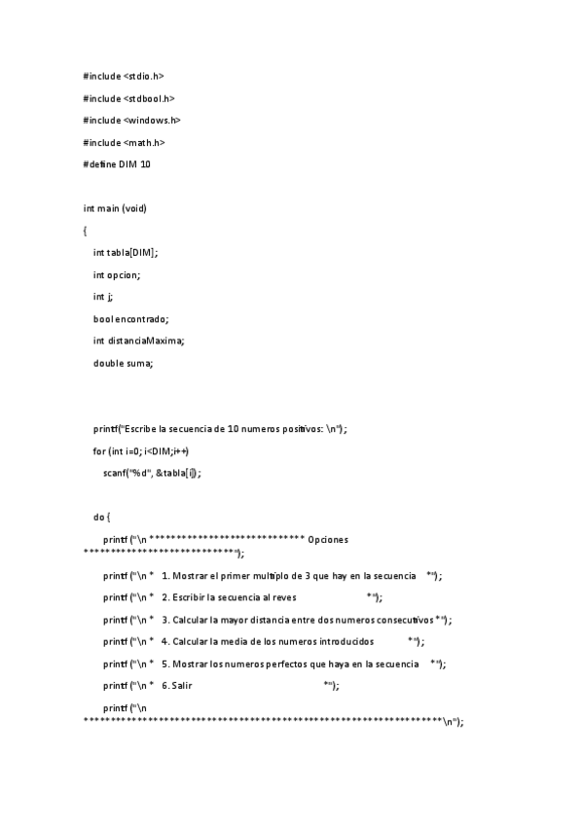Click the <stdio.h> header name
point(144,76)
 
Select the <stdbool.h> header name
point(149,98)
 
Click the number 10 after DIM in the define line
point(145,164)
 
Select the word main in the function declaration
point(110,208)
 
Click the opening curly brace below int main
point(86,231)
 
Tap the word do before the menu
point(99,517)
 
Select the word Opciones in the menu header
point(328,539)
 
